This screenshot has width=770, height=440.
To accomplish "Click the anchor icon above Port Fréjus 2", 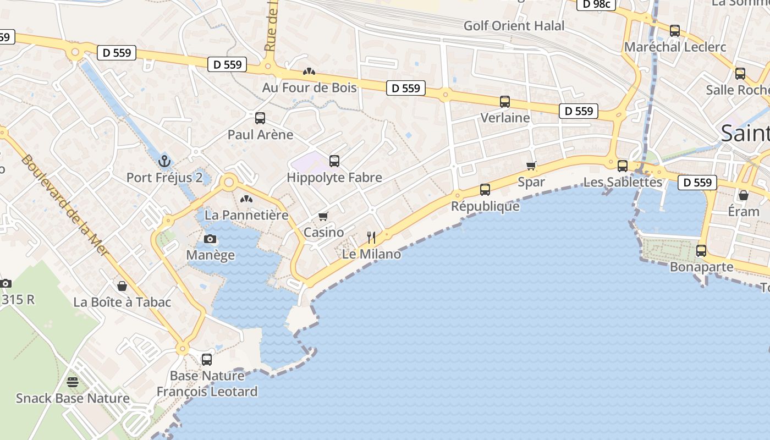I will click(164, 161).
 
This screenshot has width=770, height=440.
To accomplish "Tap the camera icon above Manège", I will click(210, 239).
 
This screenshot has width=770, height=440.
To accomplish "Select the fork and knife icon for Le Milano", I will click(371, 238).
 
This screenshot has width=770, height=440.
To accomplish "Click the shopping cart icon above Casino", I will click(323, 216).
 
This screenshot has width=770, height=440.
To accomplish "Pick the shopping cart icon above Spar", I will click(531, 166).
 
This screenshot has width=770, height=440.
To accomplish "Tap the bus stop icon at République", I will click(485, 190).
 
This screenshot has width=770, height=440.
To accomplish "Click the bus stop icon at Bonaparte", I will click(701, 251).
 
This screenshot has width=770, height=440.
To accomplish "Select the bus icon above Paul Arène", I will click(260, 118).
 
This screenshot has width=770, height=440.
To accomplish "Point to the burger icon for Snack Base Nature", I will click(73, 382).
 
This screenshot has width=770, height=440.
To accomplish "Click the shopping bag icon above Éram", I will click(743, 195).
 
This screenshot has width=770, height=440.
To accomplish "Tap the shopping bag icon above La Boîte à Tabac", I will click(122, 286).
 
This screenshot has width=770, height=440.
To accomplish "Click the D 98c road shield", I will click(596, 4).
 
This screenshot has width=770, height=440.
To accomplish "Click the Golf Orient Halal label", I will click(514, 26).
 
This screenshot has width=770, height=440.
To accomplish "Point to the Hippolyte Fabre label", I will click(334, 178).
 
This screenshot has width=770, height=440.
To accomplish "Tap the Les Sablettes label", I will click(622, 182).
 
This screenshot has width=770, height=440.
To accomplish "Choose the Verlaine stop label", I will click(505, 118).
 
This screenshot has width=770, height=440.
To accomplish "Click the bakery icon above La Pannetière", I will click(246, 199).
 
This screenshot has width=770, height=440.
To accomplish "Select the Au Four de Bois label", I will click(309, 87).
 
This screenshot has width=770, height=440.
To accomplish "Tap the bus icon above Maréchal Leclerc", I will click(675, 31).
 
